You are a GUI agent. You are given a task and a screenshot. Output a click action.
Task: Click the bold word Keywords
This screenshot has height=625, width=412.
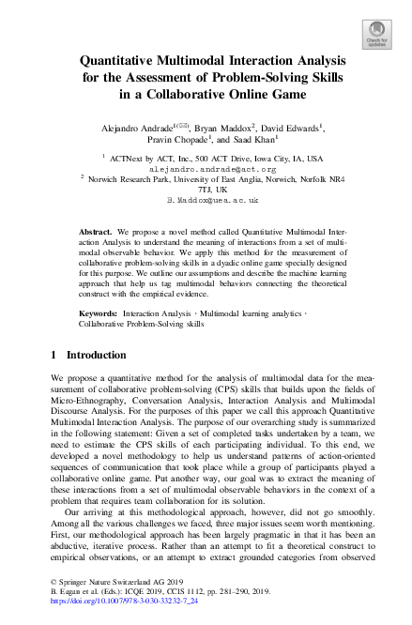tap(99, 311)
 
